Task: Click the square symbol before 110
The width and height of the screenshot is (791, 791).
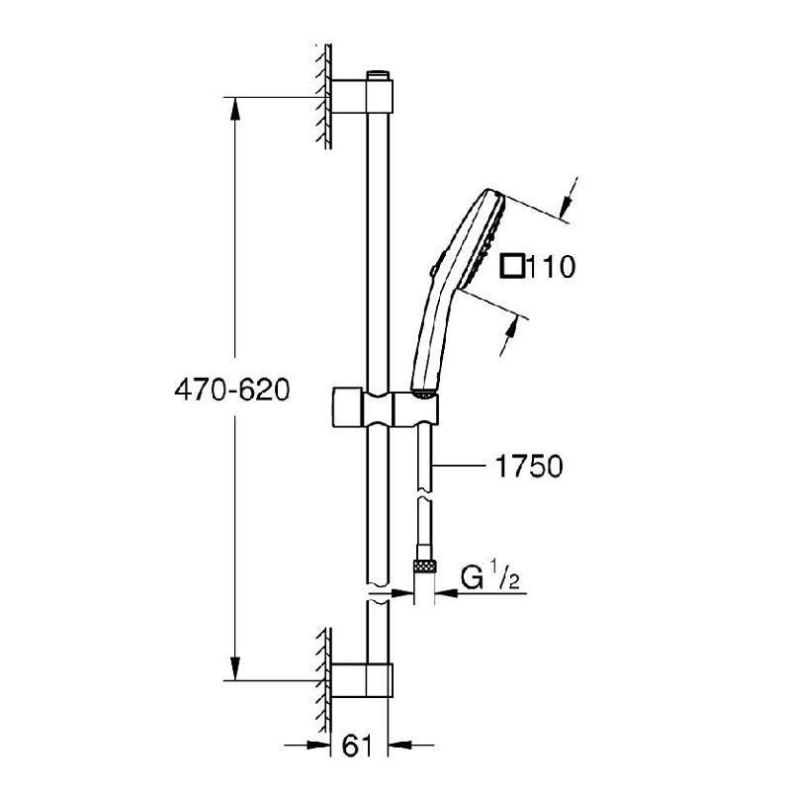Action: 512,266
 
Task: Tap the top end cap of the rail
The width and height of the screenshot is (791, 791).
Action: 376,74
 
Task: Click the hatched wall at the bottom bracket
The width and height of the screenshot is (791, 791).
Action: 322,677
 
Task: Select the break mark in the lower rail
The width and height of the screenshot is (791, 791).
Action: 376,595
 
